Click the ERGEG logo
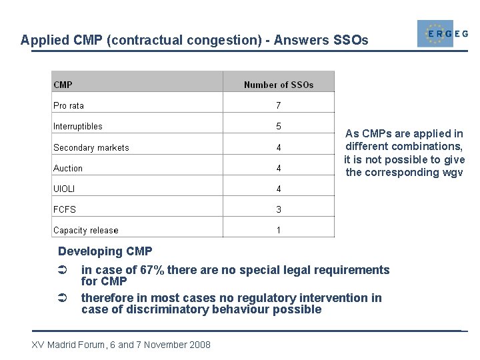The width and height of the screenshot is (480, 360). point(441,33)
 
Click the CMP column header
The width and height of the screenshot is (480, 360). point(63,85)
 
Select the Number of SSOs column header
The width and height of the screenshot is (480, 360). point(279,85)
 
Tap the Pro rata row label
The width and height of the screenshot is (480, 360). point(69,105)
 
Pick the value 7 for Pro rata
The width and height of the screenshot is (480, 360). point(279,105)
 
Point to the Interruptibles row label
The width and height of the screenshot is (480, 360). point(78,126)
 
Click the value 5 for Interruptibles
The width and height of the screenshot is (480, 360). point(279,126)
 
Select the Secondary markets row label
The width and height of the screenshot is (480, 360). point(91,147)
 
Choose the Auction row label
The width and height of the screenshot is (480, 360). point(68,168)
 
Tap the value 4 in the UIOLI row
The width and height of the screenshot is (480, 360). point(279,189)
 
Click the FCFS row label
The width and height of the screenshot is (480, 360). point(65,209)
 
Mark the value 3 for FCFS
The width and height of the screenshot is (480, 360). point(279,209)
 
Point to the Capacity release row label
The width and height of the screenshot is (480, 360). point(86,230)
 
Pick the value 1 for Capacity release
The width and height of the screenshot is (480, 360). point(279,230)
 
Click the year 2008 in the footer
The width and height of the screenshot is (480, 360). point(199,345)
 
